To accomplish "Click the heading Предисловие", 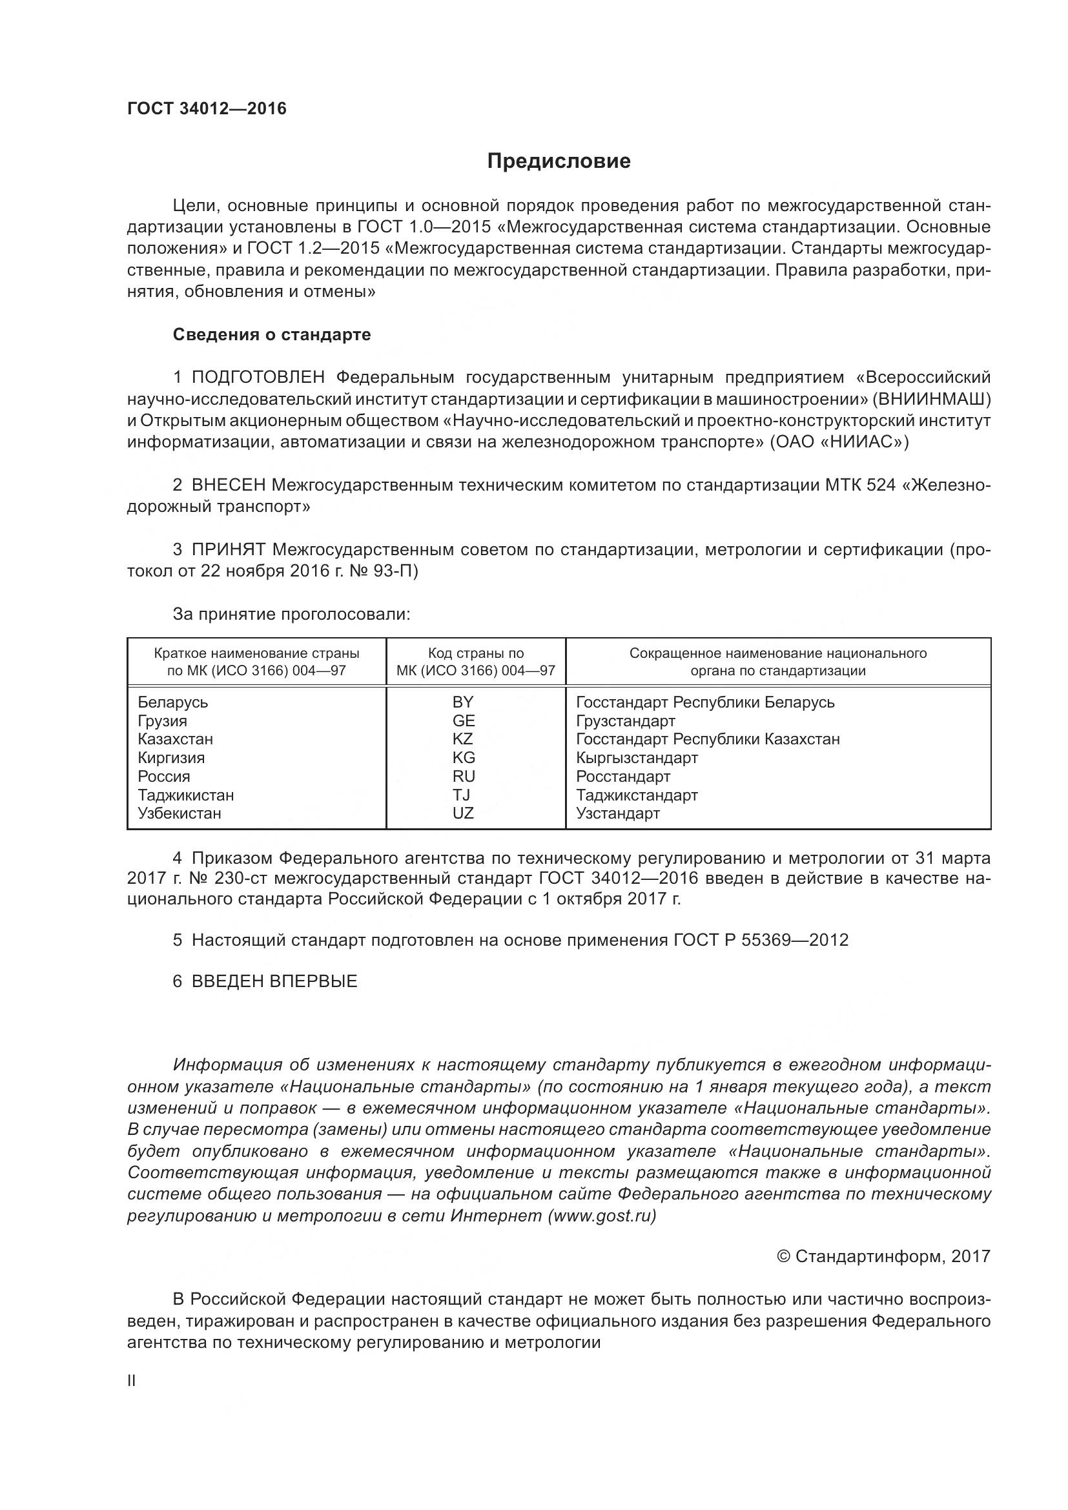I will [559, 161].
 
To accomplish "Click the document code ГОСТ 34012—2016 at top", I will [207, 108].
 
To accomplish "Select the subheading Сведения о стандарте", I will [272, 335].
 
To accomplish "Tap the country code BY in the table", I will [463, 702].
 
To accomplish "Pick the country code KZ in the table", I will [463, 739].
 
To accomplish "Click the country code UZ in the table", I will [463, 813].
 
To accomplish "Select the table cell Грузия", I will [163, 721].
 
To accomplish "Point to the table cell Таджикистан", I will [185, 795].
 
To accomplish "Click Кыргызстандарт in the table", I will [637, 758].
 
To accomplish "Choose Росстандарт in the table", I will [622, 777].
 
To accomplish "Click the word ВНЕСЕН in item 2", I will [228, 485].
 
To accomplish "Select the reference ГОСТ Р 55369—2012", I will [761, 940].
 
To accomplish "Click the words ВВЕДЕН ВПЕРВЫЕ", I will [274, 981].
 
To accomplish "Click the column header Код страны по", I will [475, 653].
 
